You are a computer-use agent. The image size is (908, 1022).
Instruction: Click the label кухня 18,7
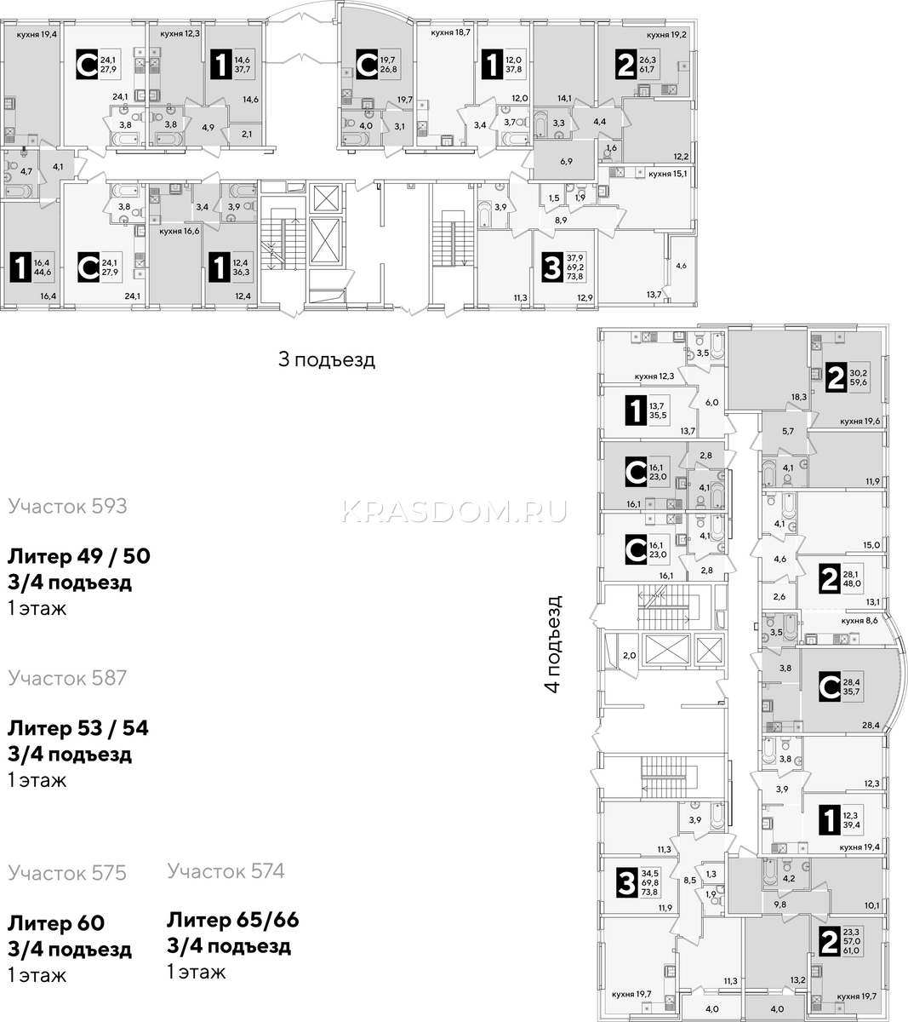click(450, 32)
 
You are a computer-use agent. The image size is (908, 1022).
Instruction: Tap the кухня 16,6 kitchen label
click(179, 231)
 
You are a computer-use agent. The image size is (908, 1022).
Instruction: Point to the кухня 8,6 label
click(859, 621)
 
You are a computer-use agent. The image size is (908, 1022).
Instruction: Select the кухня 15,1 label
click(668, 174)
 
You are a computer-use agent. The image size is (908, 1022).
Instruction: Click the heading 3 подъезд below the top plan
click(327, 359)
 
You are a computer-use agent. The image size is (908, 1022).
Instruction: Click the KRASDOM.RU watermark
click(454, 511)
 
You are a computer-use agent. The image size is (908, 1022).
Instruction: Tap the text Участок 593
click(67, 506)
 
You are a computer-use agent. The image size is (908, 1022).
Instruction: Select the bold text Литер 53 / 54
click(78, 728)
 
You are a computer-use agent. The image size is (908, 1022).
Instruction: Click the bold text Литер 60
click(56, 923)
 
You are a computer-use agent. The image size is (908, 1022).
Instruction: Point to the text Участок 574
click(226, 870)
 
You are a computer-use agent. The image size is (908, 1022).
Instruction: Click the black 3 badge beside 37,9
click(552, 267)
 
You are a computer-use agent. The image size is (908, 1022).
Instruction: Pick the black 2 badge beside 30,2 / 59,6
click(836, 378)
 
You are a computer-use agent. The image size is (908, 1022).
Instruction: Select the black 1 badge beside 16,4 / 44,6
click(20, 268)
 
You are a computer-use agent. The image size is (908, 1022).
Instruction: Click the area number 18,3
click(798, 397)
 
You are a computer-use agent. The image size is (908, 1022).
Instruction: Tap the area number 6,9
click(566, 162)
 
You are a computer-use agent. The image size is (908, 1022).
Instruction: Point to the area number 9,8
click(780, 904)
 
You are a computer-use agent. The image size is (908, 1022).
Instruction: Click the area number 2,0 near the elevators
click(629, 656)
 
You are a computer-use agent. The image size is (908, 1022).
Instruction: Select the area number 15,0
click(871, 545)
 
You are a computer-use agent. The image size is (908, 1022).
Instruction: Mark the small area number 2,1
click(247, 135)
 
